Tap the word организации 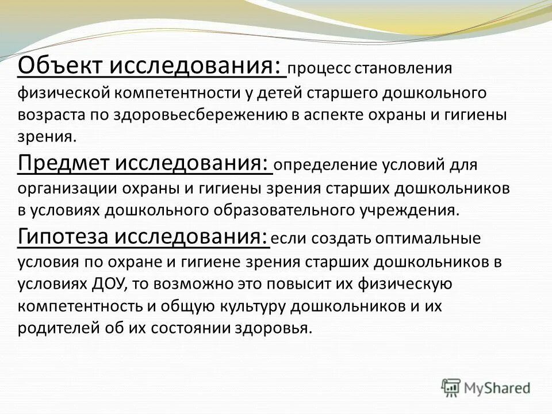click(60, 188)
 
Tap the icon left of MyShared click(451, 388)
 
